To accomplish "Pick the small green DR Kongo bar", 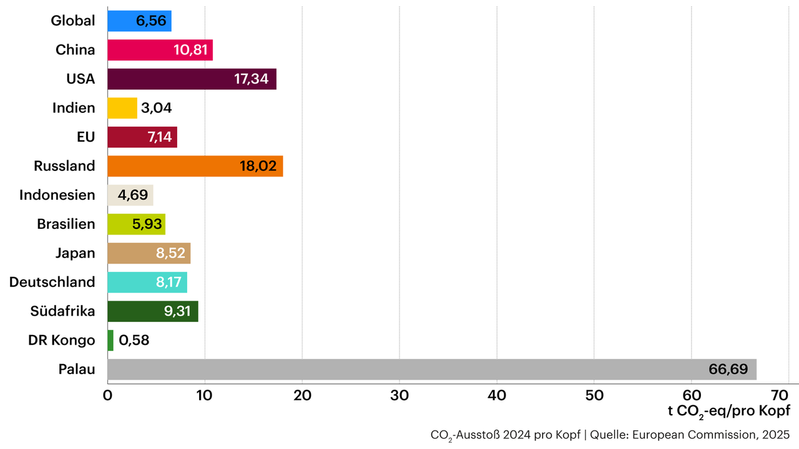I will (x=110, y=340).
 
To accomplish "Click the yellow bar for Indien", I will (x=122, y=108).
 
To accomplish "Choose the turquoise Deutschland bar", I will (x=147, y=282).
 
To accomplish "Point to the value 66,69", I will (x=728, y=369).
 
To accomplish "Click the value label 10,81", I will (x=190, y=50).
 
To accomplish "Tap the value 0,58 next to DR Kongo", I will (x=134, y=340).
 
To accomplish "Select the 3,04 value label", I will (x=157, y=108).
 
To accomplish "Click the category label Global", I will (x=72, y=21).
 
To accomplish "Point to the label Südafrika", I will (x=62, y=311).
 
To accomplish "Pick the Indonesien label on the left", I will (x=57, y=195).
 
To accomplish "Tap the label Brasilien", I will (x=66, y=224).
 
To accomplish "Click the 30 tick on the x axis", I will (x=399, y=395).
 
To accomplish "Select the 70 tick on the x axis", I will (x=780, y=395).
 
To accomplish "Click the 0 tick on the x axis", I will (x=107, y=395).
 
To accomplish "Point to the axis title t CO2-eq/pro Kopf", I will (x=728, y=411).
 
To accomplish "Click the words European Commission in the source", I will (x=694, y=434).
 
